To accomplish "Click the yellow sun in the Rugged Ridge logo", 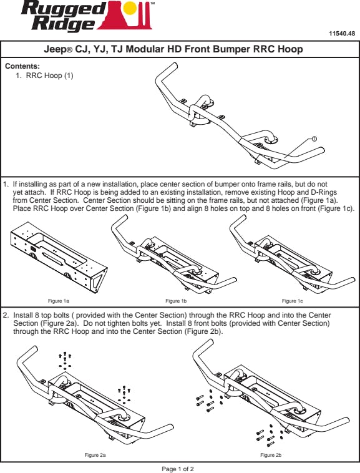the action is pos(130,8).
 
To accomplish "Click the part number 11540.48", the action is pos(342,34).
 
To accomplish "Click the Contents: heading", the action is pos(22,66).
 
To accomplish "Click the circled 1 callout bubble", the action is pos(314,139).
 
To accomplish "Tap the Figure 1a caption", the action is pos(59,301).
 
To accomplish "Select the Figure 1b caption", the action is pos(176,301).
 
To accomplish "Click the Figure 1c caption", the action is pos(292,301).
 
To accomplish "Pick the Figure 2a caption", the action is pos(95,455).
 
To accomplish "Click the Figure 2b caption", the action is pos(271,455).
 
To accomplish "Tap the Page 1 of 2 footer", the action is pos(178,469).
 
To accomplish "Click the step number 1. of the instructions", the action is pos(6,184).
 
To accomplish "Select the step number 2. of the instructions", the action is pos(6,315).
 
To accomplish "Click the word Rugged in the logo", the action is pos(62,9).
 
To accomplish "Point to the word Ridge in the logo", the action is pos(63,23).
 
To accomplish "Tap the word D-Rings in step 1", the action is pos(323,192).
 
